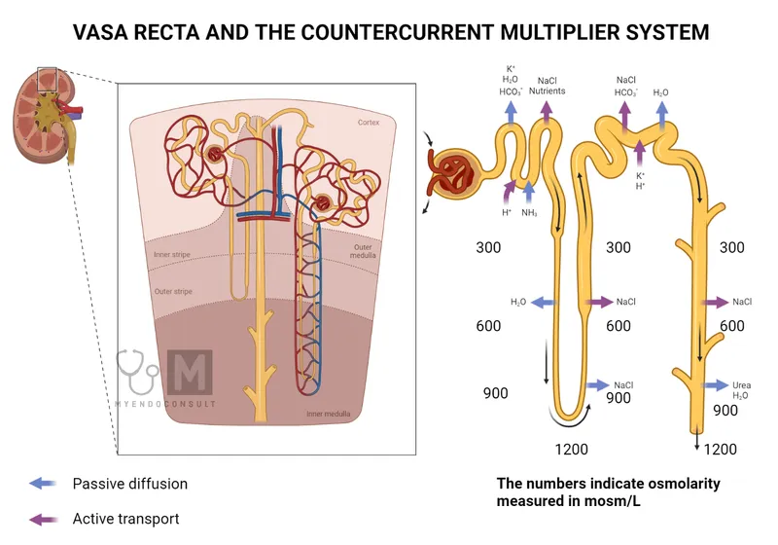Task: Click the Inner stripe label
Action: [x=172, y=255]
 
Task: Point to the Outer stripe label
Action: [x=173, y=290]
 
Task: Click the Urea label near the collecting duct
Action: [x=742, y=384]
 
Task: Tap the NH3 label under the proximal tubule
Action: [x=530, y=212]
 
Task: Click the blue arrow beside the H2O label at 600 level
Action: [x=541, y=303]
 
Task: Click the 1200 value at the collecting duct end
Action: [x=719, y=449]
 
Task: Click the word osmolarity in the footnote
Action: [x=676, y=483]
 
